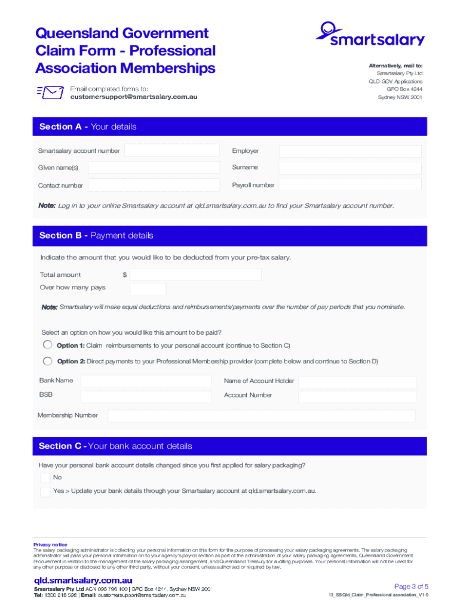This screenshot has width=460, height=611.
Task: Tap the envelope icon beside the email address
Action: click(50, 92)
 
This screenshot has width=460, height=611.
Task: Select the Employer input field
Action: click(350, 152)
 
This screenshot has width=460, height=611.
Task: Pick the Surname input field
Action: click(350, 168)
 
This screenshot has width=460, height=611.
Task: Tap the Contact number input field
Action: click(153, 186)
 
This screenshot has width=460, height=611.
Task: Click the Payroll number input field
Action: click(350, 186)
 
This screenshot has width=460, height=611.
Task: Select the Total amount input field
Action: click(196, 274)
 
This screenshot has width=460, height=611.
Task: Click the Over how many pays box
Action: click(148, 289)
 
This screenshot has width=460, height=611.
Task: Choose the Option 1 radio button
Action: click(47, 345)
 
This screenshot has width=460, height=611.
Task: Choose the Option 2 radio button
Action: click(47, 360)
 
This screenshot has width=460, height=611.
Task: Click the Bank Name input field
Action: click(146, 381)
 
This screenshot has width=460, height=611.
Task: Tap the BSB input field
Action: click(146, 397)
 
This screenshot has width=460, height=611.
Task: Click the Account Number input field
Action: click(357, 397)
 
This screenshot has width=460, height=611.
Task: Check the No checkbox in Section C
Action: click(45, 477)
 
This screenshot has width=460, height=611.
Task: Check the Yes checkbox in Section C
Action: click(45, 492)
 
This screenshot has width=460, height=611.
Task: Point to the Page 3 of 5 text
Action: click(411, 586)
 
